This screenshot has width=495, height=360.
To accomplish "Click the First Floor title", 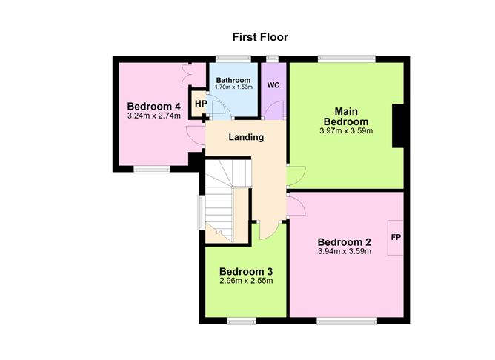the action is click(x=260, y=37).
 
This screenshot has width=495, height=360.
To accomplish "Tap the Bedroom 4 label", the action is click(x=153, y=106).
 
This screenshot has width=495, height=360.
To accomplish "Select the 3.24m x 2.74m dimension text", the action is click(x=154, y=116).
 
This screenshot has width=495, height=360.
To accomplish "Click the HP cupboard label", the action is click(x=201, y=104).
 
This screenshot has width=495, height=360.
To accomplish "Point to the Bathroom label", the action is click(x=233, y=80).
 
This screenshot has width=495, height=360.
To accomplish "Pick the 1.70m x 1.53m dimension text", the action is click(x=233, y=87).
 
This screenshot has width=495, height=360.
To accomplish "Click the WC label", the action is click(x=273, y=85).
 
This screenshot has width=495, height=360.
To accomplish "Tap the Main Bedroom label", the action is click(x=346, y=116).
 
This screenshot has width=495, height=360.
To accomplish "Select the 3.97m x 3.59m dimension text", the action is click(x=346, y=130).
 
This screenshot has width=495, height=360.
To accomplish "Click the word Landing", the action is click(x=246, y=137).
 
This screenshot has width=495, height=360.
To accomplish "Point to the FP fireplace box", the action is click(x=396, y=238).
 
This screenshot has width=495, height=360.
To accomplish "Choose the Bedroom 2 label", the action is click(x=344, y=242).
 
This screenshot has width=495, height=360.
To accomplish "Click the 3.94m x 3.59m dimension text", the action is click(x=344, y=251).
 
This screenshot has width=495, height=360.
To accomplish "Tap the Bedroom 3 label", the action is click(x=246, y=271).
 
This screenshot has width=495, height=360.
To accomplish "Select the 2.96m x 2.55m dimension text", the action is click(x=246, y=281).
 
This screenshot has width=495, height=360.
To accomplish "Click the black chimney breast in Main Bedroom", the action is click(x=398, y=126).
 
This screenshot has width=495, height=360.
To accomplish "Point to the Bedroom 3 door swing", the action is click(x=269, y=230).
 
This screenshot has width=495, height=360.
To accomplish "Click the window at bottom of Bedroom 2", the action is click(x=347, y=321).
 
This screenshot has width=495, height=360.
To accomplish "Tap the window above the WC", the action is click(x=272, y=59).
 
